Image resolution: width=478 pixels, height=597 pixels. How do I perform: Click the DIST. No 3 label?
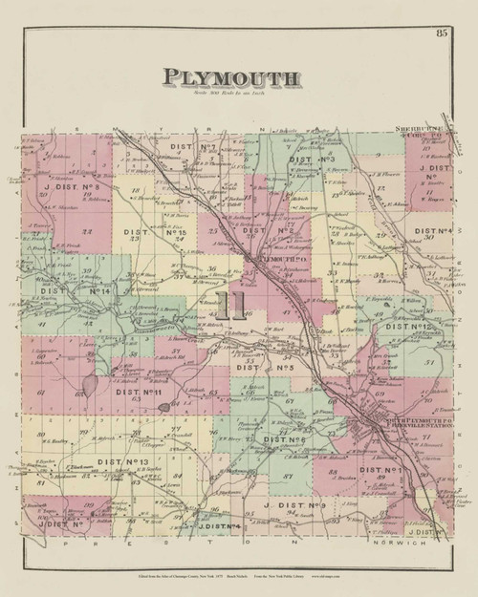click(317, 159)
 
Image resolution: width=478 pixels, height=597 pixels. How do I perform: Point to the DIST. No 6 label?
click(284, 438)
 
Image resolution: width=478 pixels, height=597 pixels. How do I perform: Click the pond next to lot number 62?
click(88, 382)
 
